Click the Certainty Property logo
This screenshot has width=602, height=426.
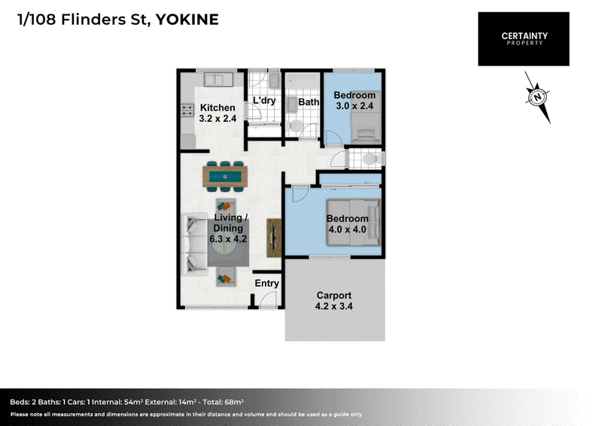524,39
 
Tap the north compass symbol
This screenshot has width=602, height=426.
537,97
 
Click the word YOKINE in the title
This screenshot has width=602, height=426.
187,20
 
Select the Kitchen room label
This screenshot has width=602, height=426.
217,108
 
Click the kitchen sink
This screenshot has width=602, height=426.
219,80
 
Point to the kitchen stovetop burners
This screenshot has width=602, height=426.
187,110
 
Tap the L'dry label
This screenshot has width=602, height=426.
264,101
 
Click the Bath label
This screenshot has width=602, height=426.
309,102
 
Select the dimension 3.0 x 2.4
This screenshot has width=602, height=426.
354,105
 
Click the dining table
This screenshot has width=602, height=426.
225,177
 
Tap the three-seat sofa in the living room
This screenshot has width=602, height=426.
194,245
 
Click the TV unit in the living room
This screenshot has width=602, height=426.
274,238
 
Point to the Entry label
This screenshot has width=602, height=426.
267,283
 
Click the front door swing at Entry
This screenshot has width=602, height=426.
268,300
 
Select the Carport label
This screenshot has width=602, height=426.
334,295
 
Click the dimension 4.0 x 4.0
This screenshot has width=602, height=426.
348,230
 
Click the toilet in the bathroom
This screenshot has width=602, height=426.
295,126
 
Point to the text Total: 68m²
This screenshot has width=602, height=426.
223,402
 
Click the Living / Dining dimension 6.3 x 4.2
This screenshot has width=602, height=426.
228,239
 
